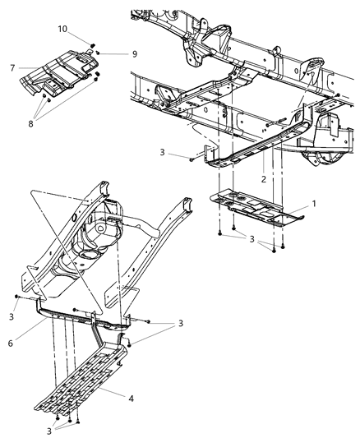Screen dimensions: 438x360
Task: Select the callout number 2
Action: tap(263, 178)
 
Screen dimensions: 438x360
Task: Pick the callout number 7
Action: tap(12, 67)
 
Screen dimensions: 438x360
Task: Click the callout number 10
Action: tap(62, 29)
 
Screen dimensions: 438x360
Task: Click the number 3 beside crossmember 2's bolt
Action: tap(164, 153)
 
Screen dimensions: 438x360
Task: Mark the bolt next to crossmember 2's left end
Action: tap(192, 155)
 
